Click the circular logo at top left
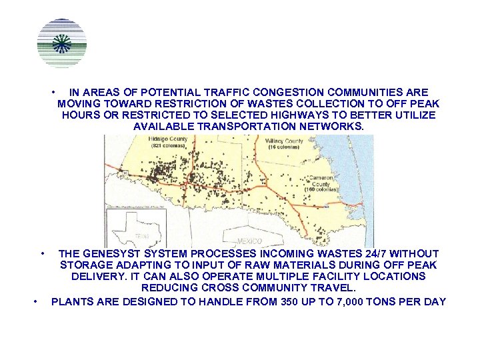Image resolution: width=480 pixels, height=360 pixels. (x=62, y=43)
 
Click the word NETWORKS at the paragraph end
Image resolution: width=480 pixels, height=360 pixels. (x=331, y=126)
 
